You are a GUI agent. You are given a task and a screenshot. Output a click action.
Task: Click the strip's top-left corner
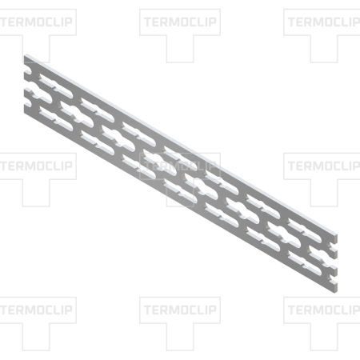click(25, 55)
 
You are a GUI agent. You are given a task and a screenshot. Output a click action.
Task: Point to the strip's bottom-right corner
click(337, 291)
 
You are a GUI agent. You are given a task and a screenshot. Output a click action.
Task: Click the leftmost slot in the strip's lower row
click(56, 118)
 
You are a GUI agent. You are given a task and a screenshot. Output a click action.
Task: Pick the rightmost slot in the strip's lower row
click(304, 263)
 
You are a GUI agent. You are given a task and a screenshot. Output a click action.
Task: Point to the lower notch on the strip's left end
click(26, 102)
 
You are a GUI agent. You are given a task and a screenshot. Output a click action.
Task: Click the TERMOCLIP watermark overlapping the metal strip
click(180, 166)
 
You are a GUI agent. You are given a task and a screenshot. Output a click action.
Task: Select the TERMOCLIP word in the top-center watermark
click(180, 22)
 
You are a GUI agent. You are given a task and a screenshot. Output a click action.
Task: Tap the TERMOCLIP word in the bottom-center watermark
click(180, 310)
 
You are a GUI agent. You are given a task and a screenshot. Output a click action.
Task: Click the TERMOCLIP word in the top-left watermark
click(37, 22)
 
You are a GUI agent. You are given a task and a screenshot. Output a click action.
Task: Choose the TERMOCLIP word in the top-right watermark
click(324, 22)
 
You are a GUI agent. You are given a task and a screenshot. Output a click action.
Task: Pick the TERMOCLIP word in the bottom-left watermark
click(37, 310)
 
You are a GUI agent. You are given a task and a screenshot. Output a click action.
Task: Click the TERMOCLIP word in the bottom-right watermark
click(324, 310)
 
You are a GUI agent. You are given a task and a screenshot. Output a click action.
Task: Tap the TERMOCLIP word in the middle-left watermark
click(37, 166)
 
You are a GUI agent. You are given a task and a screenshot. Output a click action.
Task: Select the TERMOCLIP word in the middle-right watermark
click(324, 166)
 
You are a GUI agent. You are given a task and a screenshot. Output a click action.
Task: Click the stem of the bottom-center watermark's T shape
click(180, 337)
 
